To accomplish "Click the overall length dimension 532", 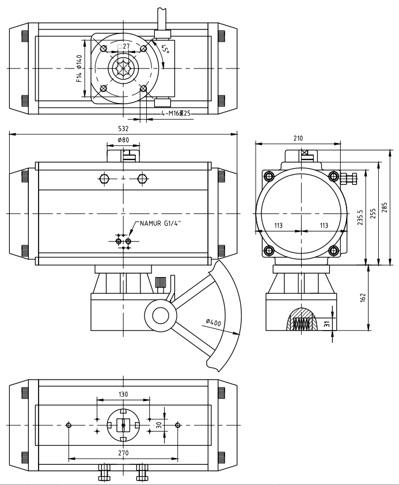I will pyautogui.click(x=123, y=129).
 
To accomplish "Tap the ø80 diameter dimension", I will pyautogui.click(x=123, y=140).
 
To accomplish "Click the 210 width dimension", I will pyautogui.click(x=298, y=138).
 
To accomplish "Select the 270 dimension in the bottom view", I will pyautogui.click(x=123, y=453).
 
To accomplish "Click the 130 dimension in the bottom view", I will pyautogui.click(x=123, y=395).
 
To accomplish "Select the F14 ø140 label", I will pyautogui.click(x=80, y=69).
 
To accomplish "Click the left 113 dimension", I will pyautogui.click(x=278, y=226).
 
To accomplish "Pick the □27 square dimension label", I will pyautogui.click(x=124, y=46).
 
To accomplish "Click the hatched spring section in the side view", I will pyautogui.click(x=302, y=319).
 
